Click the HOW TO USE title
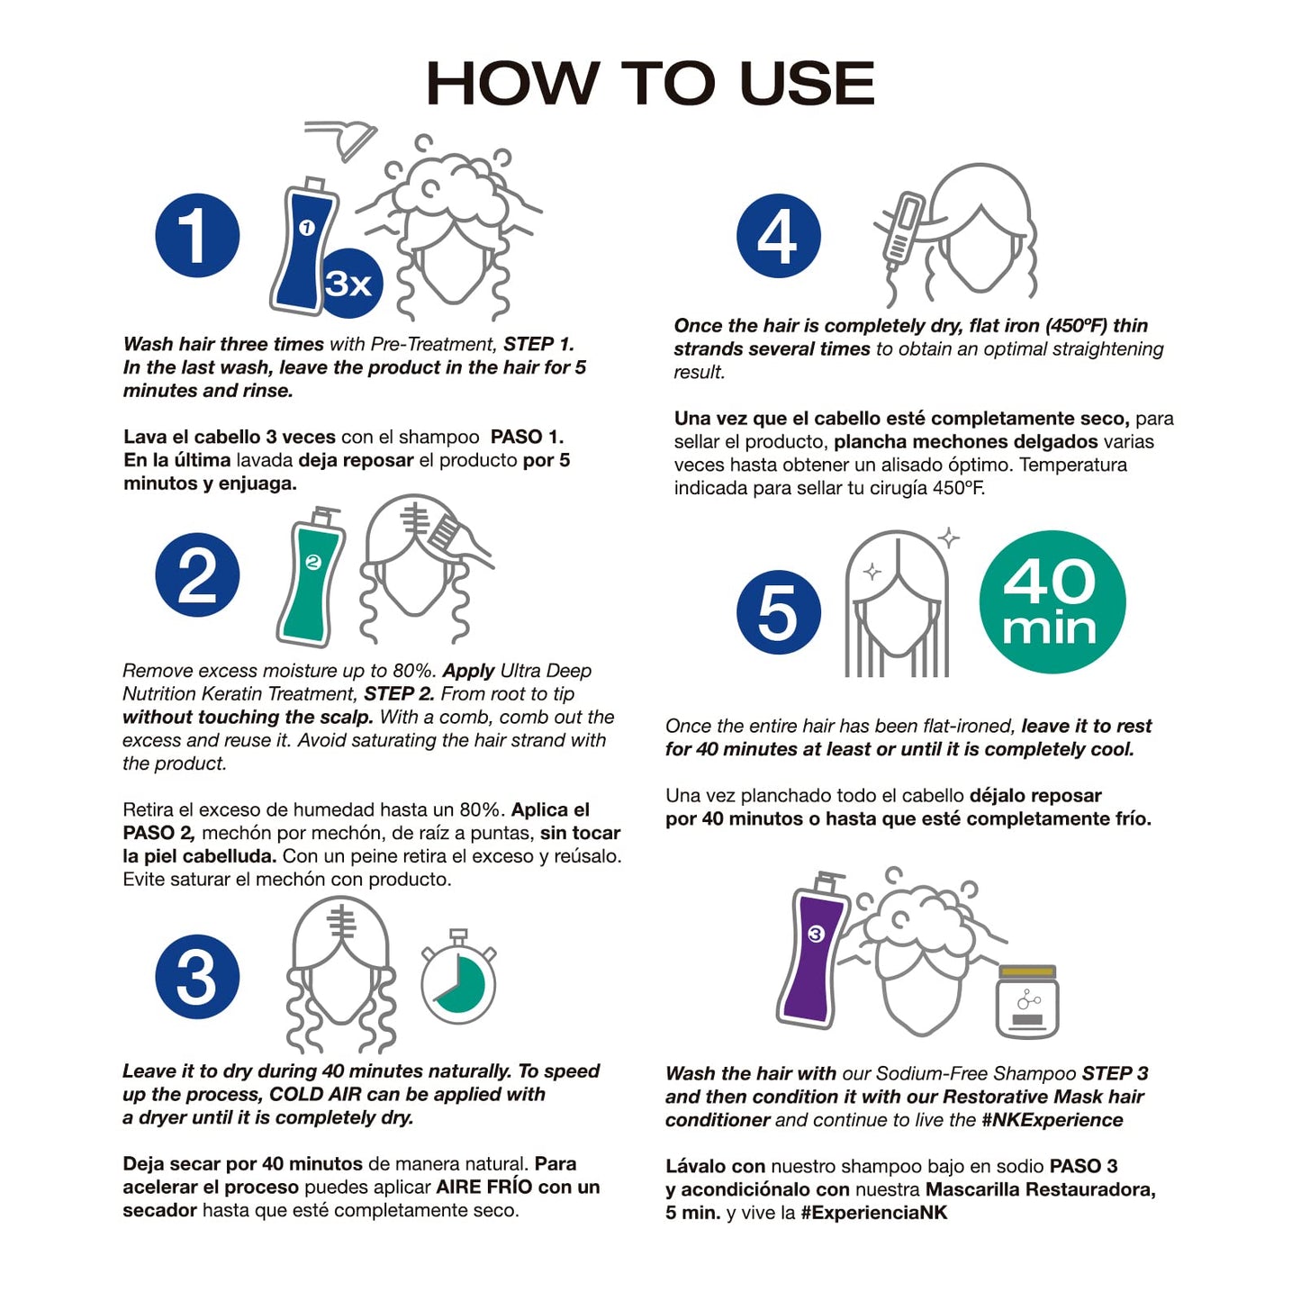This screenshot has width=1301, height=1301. [650, 83]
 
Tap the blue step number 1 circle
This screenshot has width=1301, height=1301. [197, 236]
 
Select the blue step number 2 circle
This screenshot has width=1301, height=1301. [197, 574]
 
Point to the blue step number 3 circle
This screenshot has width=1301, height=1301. [197, 976]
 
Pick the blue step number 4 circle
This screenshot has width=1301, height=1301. [779, 236]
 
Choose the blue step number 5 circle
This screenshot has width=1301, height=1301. [779, 611]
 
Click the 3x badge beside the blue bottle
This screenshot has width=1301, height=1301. [349, 285]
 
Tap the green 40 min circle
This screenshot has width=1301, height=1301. [1052, 601]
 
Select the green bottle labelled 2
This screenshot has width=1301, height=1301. [311, 576]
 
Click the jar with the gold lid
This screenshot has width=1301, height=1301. [1027, 1001]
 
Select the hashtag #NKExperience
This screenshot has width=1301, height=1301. [1052, 1120]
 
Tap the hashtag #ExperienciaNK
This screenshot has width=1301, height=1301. [873, 1213]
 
